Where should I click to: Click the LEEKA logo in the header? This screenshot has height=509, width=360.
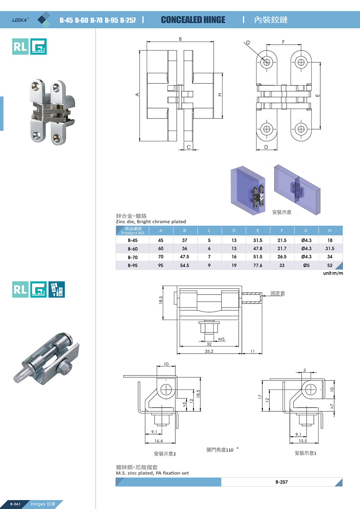[20, 20]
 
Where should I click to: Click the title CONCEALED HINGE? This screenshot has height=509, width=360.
[193, 20]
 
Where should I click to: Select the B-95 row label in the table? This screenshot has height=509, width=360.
[133, 265]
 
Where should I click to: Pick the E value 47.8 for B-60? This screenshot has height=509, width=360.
[258, 248]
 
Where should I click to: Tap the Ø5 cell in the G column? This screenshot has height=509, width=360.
[306, 265]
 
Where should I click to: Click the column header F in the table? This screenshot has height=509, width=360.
[282, 231]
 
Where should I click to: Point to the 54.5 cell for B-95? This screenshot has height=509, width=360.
[184, 265]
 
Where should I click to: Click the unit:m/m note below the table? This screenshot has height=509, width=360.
[333, 273]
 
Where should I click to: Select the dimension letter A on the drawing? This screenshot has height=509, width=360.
[137, 94]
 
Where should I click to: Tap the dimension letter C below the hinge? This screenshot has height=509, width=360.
[189, 147]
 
